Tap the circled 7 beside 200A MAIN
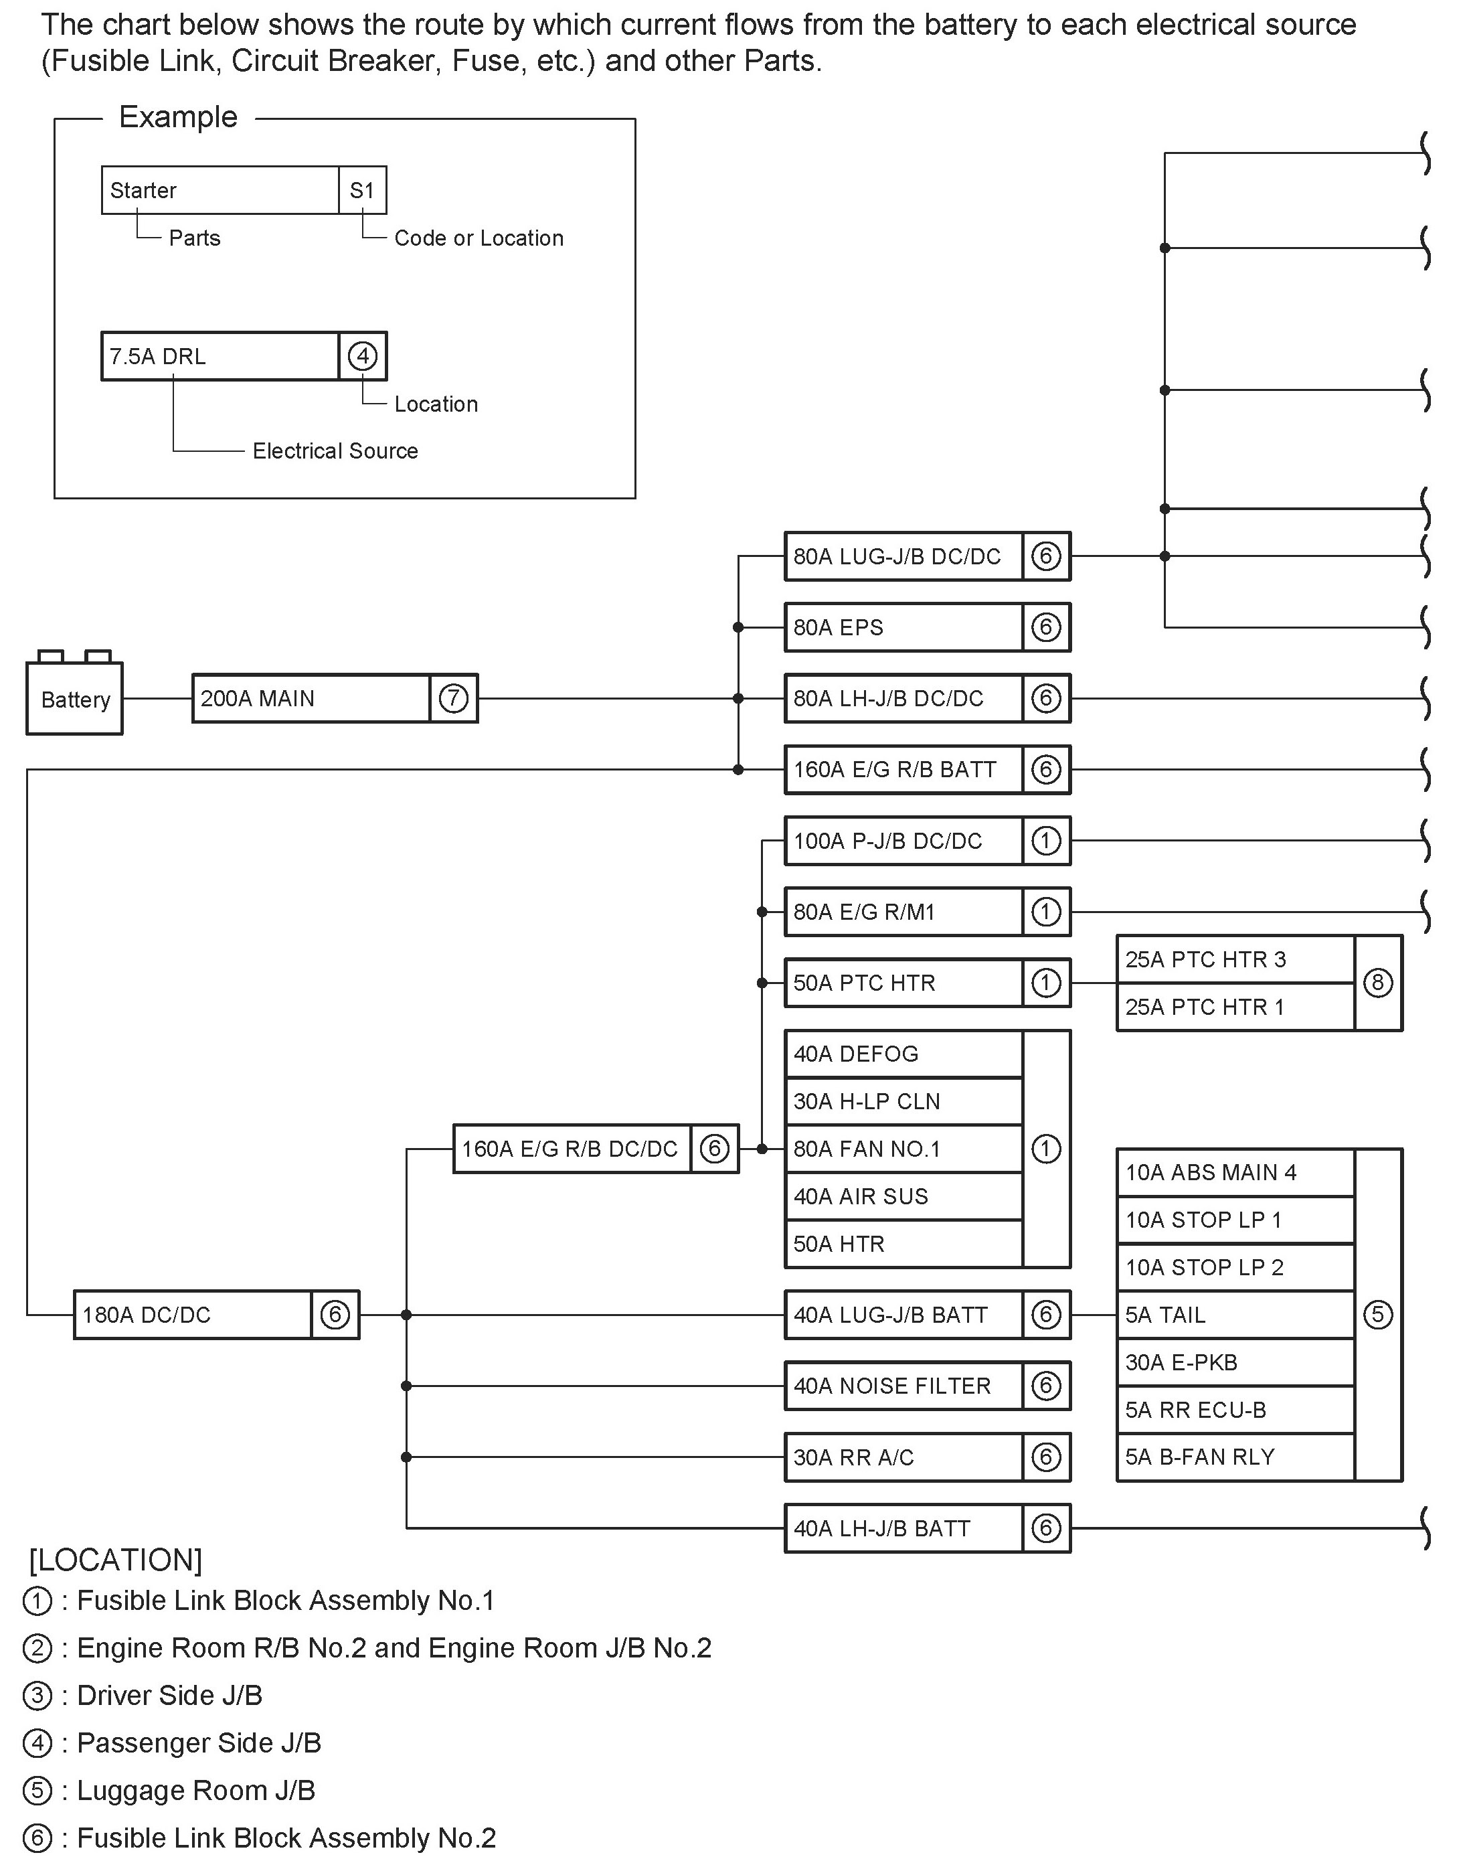pyautogui.click(x=454, y=698)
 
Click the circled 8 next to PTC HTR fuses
pyautogui.click(x=1378, y=983)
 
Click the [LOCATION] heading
pyautogui.click(x=116, y=1560)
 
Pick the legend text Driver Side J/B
pyautogui.click(x=169, y=1695)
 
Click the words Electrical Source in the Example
pyautogui.click(x=335, y=451)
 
